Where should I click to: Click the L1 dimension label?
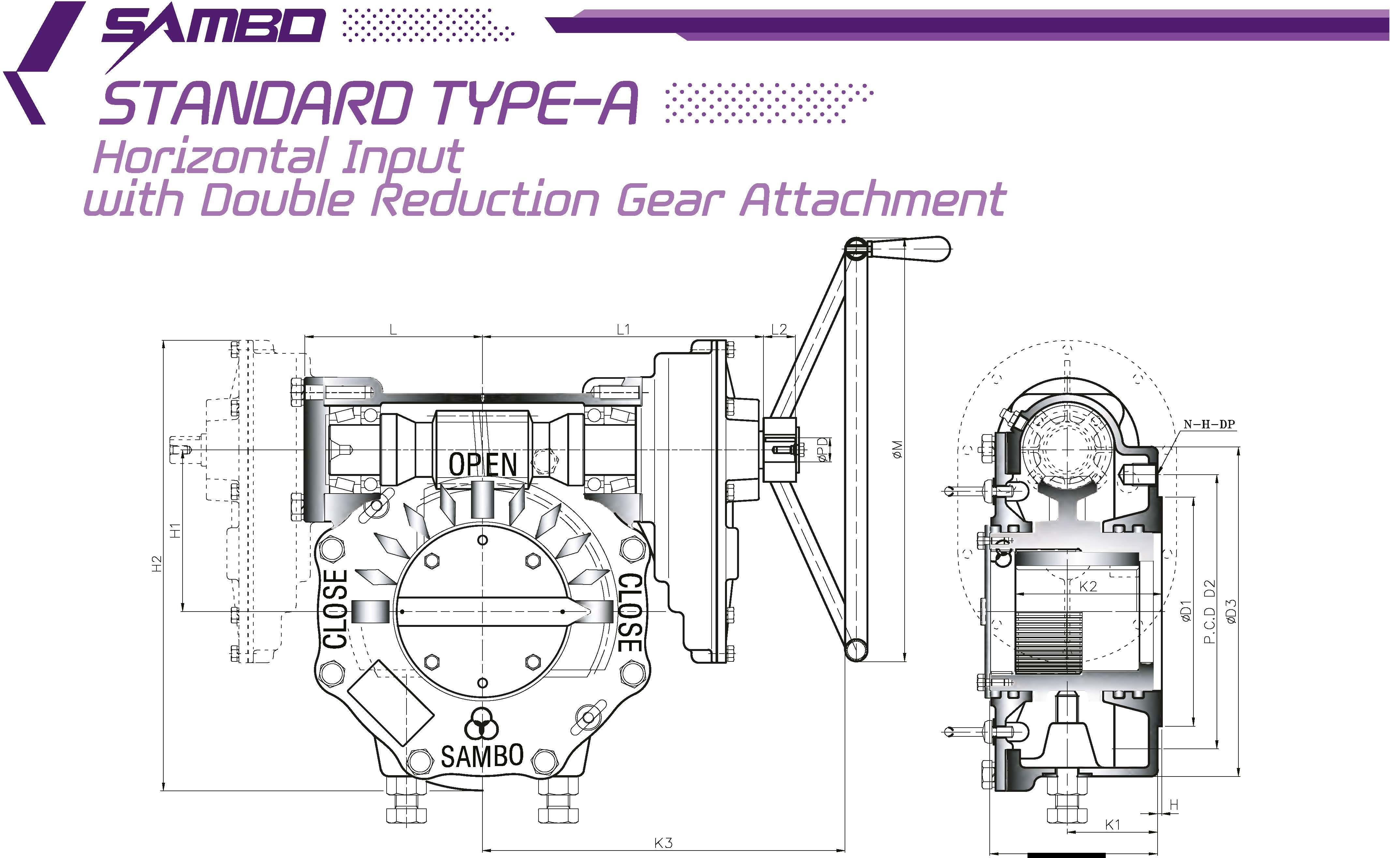coord(623,329)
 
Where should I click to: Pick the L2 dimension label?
coord(779,329)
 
